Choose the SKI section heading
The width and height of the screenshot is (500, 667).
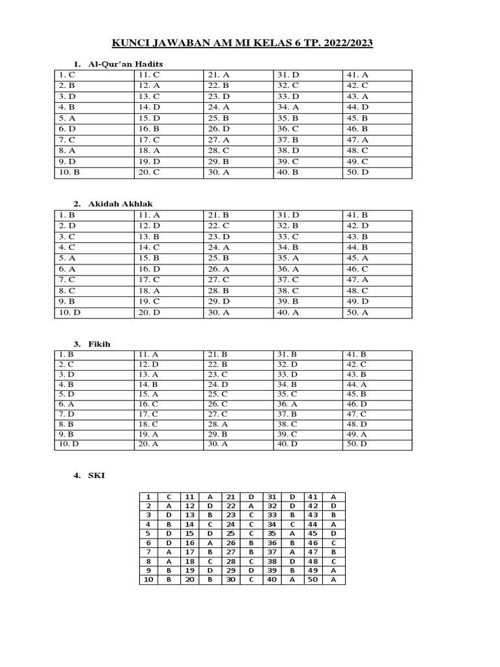96,475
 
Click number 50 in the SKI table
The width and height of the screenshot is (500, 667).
311,580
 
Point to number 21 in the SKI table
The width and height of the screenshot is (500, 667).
230,496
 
